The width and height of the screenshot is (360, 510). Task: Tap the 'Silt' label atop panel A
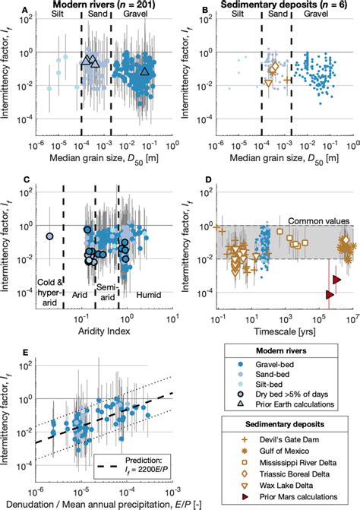click(57, 17)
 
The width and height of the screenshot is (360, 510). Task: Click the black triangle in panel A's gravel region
click(145, 71)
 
